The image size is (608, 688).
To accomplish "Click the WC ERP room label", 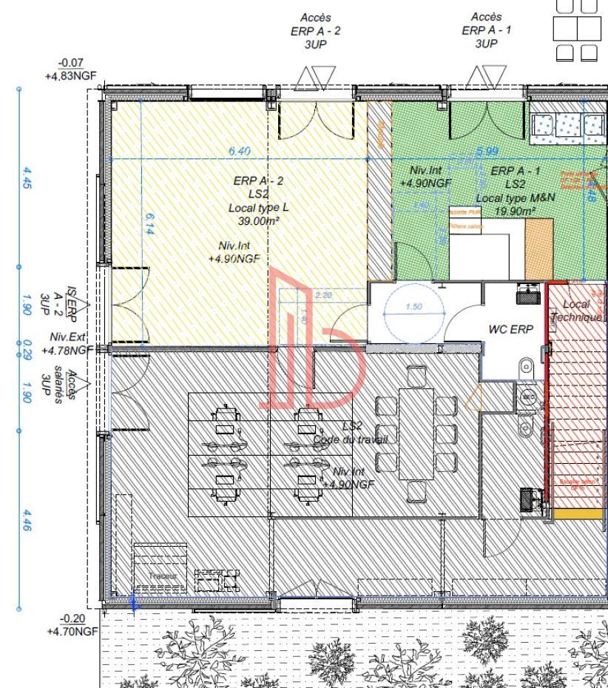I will click(x=510, y=330).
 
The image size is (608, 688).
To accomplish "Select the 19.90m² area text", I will click(x=514, y=212).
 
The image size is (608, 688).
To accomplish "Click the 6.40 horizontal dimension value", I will click(x=240, y=151).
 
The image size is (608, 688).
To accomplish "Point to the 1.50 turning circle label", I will click(x=415, y=307).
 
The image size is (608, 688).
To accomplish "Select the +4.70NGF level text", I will click(x=72, y=632).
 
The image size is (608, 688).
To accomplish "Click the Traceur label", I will click(x=159, y=576).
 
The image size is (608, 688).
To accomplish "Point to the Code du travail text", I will click(x=350, y=439).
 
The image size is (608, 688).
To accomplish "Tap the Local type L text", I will click(x=253, y=208).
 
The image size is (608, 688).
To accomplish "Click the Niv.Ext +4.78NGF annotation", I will click(x=69, y=344).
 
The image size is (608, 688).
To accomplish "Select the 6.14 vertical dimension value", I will click(x=151, y=226).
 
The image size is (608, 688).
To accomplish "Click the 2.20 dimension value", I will click(x=323, y=296).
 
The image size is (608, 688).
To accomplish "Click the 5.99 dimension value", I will click(x=487, y=151).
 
